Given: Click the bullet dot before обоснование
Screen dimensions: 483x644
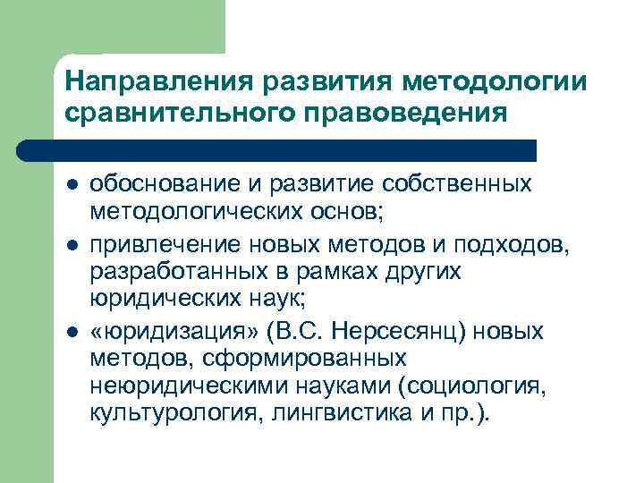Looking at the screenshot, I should click(x=71, y=184).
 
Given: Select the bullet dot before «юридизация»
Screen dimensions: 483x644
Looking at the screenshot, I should click(x=71, y=334).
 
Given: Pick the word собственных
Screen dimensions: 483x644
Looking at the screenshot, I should click(x=457, y=183).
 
